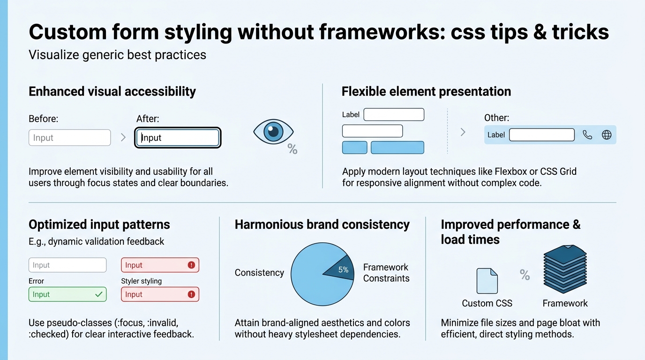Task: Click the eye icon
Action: (x=273, y=131)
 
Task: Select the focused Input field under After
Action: (x=178, y=138)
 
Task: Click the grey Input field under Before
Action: (x=69, y=138)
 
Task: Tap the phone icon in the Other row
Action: (x=587, y=135)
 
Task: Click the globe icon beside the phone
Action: (x=607, y=135)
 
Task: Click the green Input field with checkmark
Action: (x=67, y=294)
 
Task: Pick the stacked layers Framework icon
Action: (x=565, y=270)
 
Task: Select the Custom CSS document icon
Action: (x=487, y=281)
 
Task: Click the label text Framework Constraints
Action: (x=386, y=273)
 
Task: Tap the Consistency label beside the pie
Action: (x=259, y=273)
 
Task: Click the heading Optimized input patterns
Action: (x=99, y=225)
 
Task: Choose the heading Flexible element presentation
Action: (x=426, y=91)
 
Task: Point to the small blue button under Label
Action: (x=355, y=148)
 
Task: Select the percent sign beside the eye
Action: (x=292, y=150)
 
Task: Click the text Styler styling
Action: (x=141, y=281)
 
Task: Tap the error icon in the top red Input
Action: (x=191, y=265)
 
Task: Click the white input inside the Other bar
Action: (x=541, y=135)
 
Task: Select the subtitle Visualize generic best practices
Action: (x=117, y=55)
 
